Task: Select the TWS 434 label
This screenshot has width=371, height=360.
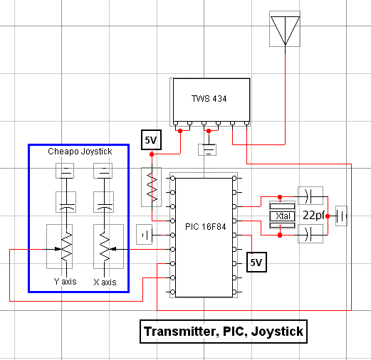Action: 209,99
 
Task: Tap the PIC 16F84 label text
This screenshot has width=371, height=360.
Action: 206,227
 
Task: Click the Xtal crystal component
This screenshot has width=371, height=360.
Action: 282,216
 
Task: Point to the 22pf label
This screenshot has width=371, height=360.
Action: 313,216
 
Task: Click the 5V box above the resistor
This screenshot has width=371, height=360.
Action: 151,139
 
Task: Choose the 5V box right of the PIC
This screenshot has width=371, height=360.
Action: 256,262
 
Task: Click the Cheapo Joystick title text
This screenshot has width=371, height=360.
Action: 80,152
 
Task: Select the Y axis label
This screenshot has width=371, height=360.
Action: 66,282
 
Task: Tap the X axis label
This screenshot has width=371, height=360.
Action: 105,282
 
